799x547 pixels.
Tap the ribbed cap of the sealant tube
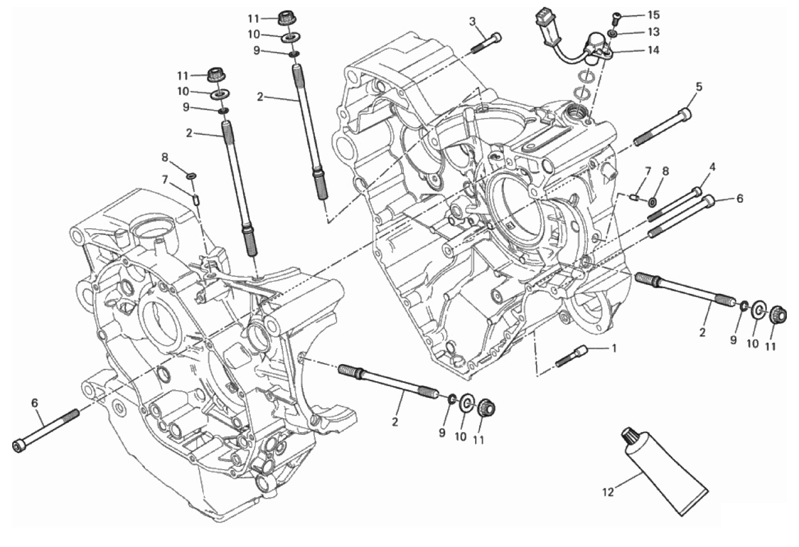(629, 437)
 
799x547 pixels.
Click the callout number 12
(608, 491)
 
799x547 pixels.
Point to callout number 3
(472, 22)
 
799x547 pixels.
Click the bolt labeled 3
(487, 44)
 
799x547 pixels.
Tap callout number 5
(699, 87)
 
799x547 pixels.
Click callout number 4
(712, 166)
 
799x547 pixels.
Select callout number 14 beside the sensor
(653, 50)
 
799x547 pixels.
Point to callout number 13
(654, 32)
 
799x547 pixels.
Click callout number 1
(613, 348)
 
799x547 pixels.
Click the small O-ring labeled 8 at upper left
(191, 176)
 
